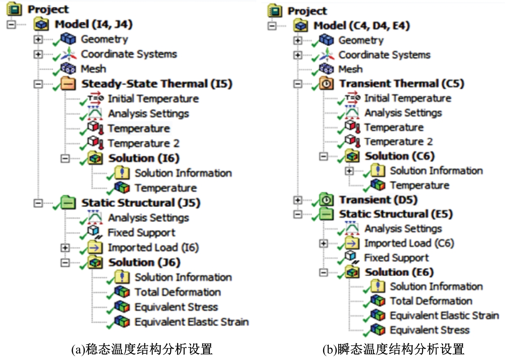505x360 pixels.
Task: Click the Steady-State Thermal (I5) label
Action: click(x=157, y=84)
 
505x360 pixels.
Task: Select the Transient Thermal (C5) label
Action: click(x=402, y=83)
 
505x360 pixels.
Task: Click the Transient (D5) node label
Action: click(x=378, y=200)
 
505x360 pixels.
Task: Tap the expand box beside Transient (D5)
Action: click(x=297, y=200)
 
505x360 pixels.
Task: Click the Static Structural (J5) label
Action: click(x=141, y=203)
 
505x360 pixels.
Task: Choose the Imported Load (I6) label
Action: click(x=153, y=248)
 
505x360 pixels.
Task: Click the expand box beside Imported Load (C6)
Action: click(x=324, y=244)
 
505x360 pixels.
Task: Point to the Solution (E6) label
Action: click(x=399, y=272)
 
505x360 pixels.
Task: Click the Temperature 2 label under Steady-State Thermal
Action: click(x=144, y=143)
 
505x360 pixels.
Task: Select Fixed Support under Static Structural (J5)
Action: click(x=142, y=233)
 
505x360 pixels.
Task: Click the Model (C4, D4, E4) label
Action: click(x=362, y=26)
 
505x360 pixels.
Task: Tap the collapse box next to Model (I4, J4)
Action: click(x=11, y=24)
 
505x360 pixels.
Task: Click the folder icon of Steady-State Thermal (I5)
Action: click(x=68, y=84)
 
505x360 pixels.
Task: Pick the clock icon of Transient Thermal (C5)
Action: click(x=326, y=83)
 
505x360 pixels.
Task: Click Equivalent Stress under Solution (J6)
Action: click(x=176, y=307)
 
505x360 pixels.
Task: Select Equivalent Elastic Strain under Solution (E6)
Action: click(x=444, y=316)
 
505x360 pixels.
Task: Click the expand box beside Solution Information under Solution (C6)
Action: click(x=349, y=171)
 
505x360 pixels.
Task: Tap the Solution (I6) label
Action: click(x=144, y=158)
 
